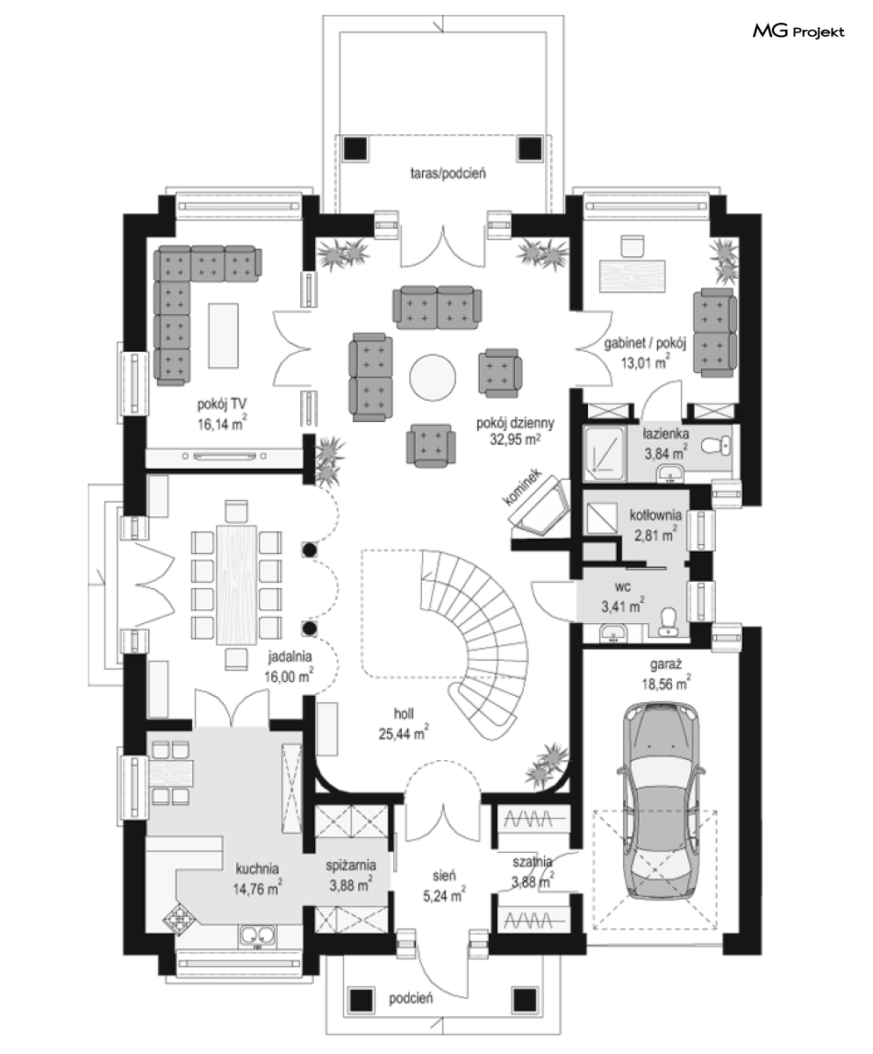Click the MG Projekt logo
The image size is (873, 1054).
[798, 32]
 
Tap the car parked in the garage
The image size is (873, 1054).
[660, 800]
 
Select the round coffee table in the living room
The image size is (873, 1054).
[433, 377]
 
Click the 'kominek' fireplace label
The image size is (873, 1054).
[523, 487]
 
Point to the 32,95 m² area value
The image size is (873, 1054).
[515, 440]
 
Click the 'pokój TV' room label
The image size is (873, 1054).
[221, 405]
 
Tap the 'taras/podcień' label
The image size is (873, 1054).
[448, 174]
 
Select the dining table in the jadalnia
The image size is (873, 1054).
[237, 585]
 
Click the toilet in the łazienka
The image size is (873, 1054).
[717, 444]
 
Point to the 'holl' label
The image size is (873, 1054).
[404, 713]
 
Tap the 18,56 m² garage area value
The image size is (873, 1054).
[666, 684]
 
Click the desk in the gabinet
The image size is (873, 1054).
[632, 276]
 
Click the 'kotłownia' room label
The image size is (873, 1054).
[655, 515]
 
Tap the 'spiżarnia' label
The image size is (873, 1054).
[351, 865]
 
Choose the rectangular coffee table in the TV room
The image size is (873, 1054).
[223, 335]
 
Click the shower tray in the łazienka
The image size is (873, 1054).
[605, 453]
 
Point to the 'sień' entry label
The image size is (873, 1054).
[444, 875]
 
